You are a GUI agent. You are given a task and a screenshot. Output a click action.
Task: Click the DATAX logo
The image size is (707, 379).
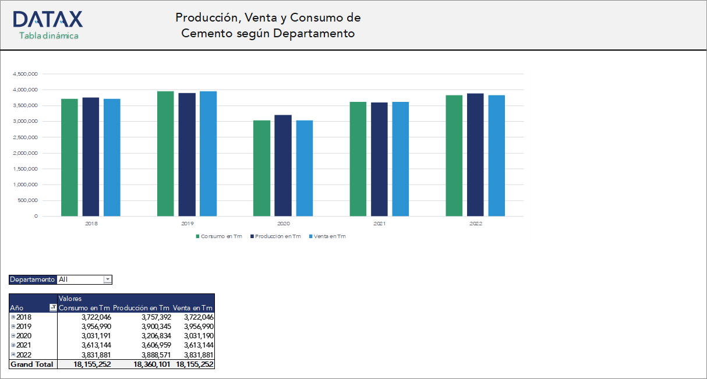click(48, 19)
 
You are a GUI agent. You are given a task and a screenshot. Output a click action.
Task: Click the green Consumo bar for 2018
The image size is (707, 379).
click(69, 157)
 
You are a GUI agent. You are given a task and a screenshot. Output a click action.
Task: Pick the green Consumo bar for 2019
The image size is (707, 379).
click(165, 154)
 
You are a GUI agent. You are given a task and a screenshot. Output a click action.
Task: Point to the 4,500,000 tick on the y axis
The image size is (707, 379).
click(25, 74)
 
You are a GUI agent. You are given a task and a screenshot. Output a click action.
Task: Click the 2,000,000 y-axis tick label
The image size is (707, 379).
click(25, 153)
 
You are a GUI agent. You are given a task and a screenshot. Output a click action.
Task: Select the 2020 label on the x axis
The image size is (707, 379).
click(283, 224)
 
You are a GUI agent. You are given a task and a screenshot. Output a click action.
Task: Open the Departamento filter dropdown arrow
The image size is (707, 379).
click(107, 279)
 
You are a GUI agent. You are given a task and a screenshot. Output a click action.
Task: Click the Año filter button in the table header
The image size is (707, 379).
click(53, 307)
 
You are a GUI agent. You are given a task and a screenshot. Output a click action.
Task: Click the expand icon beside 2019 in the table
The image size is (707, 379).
click(13, 327)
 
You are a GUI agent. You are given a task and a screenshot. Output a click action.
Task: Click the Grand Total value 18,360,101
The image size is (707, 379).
click(151, 364)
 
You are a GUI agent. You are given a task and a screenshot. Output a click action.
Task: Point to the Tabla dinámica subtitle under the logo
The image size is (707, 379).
click(48, 36)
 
